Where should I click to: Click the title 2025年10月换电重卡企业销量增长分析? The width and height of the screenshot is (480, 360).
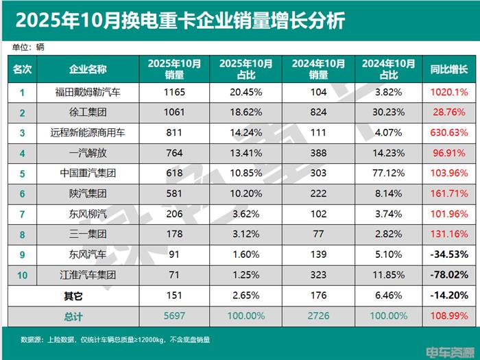point(180,20)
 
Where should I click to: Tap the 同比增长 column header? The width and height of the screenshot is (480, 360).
point(448,69)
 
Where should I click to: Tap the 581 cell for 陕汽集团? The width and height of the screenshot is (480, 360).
point(174,194)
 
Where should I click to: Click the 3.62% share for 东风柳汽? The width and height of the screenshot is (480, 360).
point(246,215)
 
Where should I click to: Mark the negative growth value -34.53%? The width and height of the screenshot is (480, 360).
point(448,255)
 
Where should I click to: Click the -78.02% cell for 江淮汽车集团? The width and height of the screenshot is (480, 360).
point(448,275)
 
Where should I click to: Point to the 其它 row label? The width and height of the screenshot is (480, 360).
point(69,296)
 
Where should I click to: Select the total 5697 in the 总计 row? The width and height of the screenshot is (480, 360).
point(174,316)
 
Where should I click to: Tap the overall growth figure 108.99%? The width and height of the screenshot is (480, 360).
point(448,316)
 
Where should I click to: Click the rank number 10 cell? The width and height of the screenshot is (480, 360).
point(21,275)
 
